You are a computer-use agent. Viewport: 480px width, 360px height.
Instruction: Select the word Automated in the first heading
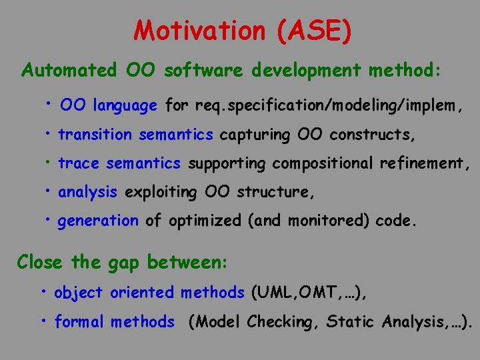69,70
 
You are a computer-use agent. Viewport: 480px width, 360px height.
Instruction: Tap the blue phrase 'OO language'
109,105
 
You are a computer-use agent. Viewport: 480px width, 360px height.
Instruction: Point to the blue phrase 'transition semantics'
135,135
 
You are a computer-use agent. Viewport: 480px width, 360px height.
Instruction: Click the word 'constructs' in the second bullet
371,135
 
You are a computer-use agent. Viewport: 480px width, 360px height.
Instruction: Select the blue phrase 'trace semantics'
119,163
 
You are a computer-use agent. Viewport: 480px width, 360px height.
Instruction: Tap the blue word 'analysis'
88,193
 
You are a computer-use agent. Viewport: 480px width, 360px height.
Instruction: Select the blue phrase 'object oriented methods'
149,293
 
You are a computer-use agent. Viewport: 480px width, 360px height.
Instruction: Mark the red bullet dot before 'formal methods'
43,321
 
